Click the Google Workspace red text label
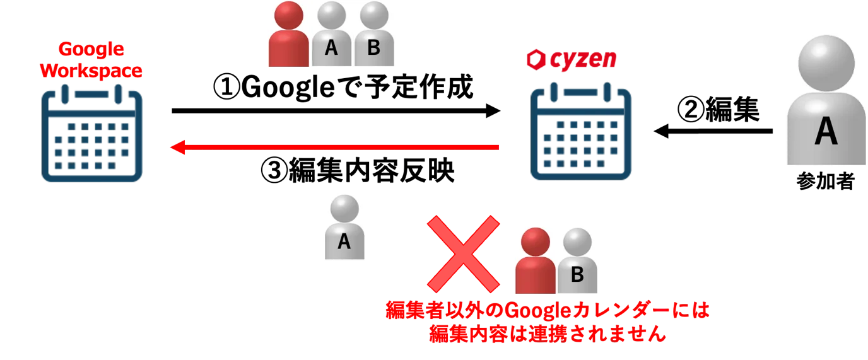[x=91, y=60]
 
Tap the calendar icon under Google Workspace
[x=92, y=133]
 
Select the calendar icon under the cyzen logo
[x=581, y=132]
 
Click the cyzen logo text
[x=583, y=60]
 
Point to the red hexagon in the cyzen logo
[x=536, y=60]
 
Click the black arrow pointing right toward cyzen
[x=336, y=111]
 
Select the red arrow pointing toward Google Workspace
[x=334, y=147]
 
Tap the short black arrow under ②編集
[x=713, y=131]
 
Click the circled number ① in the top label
[x=227, y=87]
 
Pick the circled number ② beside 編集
[x=691, y=109]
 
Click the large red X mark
[x=464, y=254]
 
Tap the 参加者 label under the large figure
[x=825, y=181]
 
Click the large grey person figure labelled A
[x=826, y=101]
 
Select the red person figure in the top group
[x=289, y=34]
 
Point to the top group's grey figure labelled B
[x=374, y=34]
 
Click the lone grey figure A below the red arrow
[x=344, y=227]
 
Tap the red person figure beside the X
[x=536, y=260]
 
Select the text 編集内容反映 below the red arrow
[x=372, y=170]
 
